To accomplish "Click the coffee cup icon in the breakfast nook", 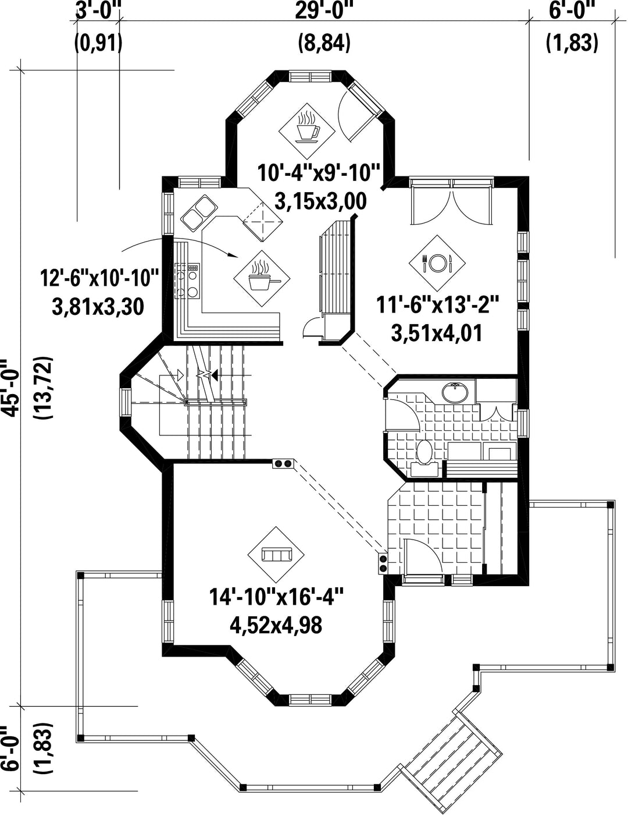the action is coord(306,130).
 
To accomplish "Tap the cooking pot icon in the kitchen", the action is coord(262,278).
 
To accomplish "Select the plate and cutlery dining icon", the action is coord(437,263).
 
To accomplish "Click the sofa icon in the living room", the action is coord(276,554).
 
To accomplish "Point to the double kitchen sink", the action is coord(199,212).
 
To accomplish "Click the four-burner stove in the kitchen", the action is coord(187,281).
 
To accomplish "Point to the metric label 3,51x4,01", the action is coord(437,333).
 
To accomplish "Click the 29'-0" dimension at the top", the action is coord(324,11).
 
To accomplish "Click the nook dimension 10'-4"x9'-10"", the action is coord(319,172).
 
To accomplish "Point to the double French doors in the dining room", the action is coord(451,202).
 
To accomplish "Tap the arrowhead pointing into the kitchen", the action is coord(233,256).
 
